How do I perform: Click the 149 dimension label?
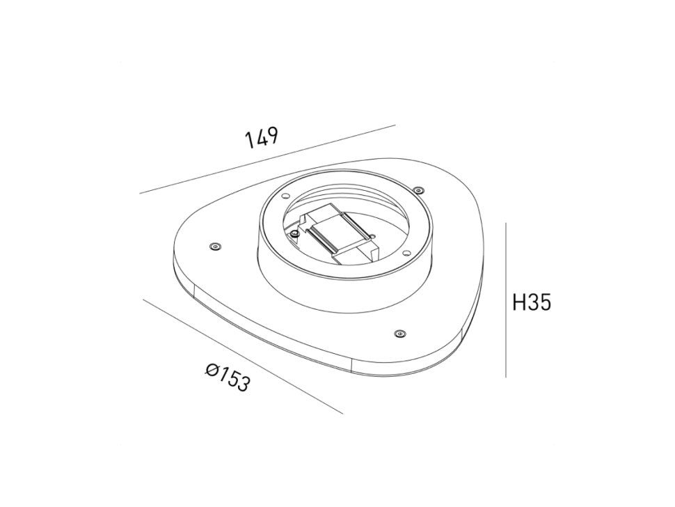coord(262,137)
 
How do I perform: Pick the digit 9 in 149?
coord(271,134)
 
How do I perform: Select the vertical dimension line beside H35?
coord(505,299)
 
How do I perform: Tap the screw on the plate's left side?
coord(214,246)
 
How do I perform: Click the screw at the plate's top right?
coord(418,190)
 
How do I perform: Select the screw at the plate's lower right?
coord(399,334)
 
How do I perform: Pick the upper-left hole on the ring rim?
coord(284,196)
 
